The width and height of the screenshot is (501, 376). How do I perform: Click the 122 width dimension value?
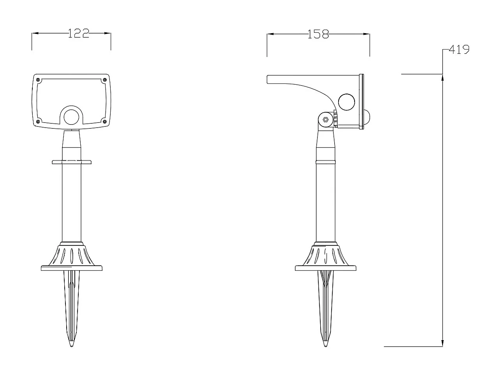click(78, 34)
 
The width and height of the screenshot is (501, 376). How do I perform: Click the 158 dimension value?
click(318, 34)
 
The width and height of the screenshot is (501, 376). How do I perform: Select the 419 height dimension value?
click(459, 50)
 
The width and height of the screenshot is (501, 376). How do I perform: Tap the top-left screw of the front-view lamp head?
click(38, 80)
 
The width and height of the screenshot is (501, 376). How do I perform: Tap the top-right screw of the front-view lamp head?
click(104, 80)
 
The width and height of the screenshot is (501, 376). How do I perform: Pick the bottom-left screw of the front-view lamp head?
click(38, 121)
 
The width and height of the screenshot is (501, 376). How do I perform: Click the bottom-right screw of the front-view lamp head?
click(104, 121)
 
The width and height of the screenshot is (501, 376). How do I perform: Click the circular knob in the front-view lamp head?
click(71, 117)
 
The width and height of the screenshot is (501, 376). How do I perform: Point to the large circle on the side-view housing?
click(347, 102)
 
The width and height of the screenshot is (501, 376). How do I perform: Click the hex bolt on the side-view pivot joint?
click(325, 120)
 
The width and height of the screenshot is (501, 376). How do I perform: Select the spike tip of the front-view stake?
click(71, 345)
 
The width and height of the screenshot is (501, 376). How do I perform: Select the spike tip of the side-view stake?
click(325, 345)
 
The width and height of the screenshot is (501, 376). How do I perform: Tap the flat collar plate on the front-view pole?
click(71, 161)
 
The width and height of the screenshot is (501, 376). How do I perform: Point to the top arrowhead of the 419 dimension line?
click(443, 78)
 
